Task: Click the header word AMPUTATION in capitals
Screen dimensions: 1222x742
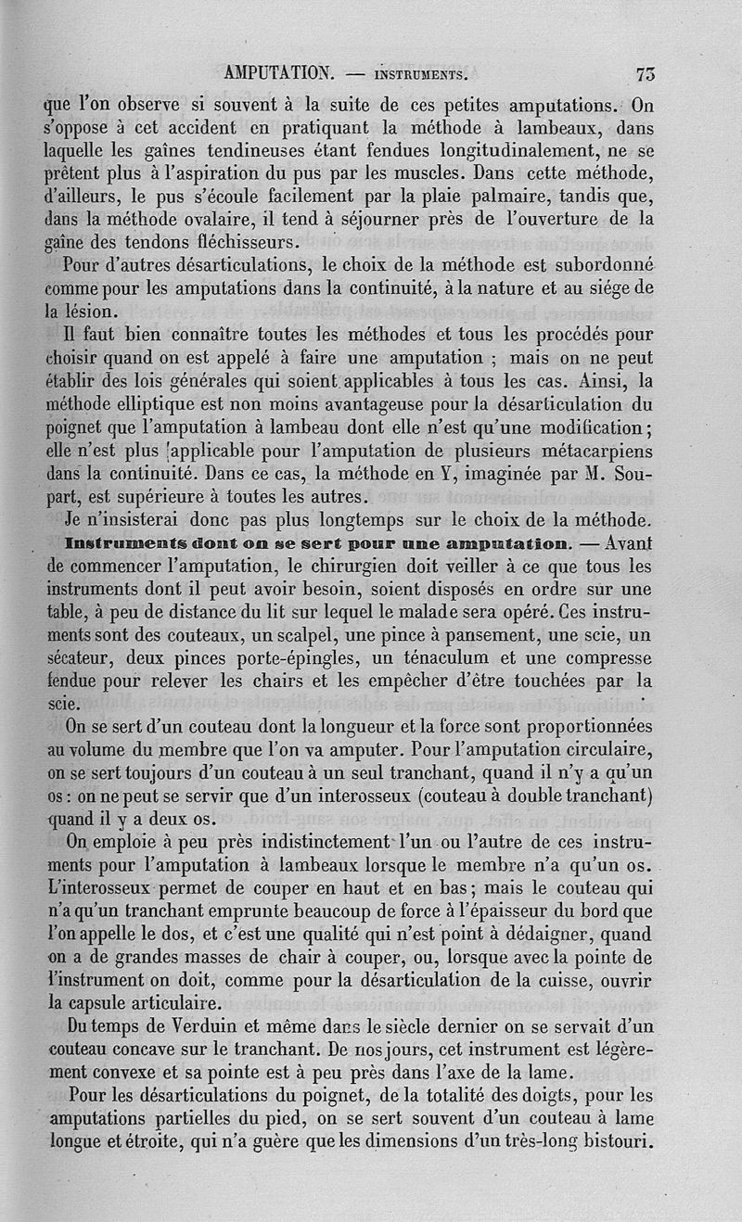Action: pos(278,73)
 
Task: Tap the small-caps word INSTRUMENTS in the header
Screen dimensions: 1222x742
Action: pos(416,74)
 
